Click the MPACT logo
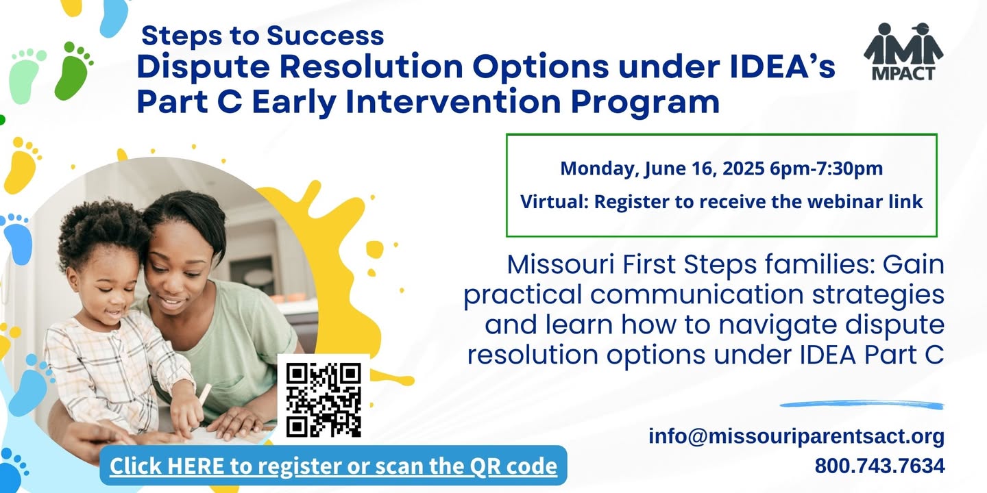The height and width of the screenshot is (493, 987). click(903, 51)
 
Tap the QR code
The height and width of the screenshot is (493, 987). click(324, 400)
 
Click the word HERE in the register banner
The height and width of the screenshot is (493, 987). click(195, 466)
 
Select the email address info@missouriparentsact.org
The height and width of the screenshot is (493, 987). click(796, 436)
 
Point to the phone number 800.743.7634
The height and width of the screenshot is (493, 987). click(879, 466)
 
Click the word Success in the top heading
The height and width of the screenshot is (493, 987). click(325, 35)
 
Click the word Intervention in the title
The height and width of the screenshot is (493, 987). click(453, 101)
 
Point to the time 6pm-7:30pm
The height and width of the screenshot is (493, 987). click(826, 168)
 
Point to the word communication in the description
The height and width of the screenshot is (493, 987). click(697, 294)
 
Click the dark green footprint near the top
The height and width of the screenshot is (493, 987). click(73, 71)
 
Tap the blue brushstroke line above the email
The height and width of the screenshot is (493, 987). click(862, 404)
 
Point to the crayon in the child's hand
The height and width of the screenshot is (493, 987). click(204, 394)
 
